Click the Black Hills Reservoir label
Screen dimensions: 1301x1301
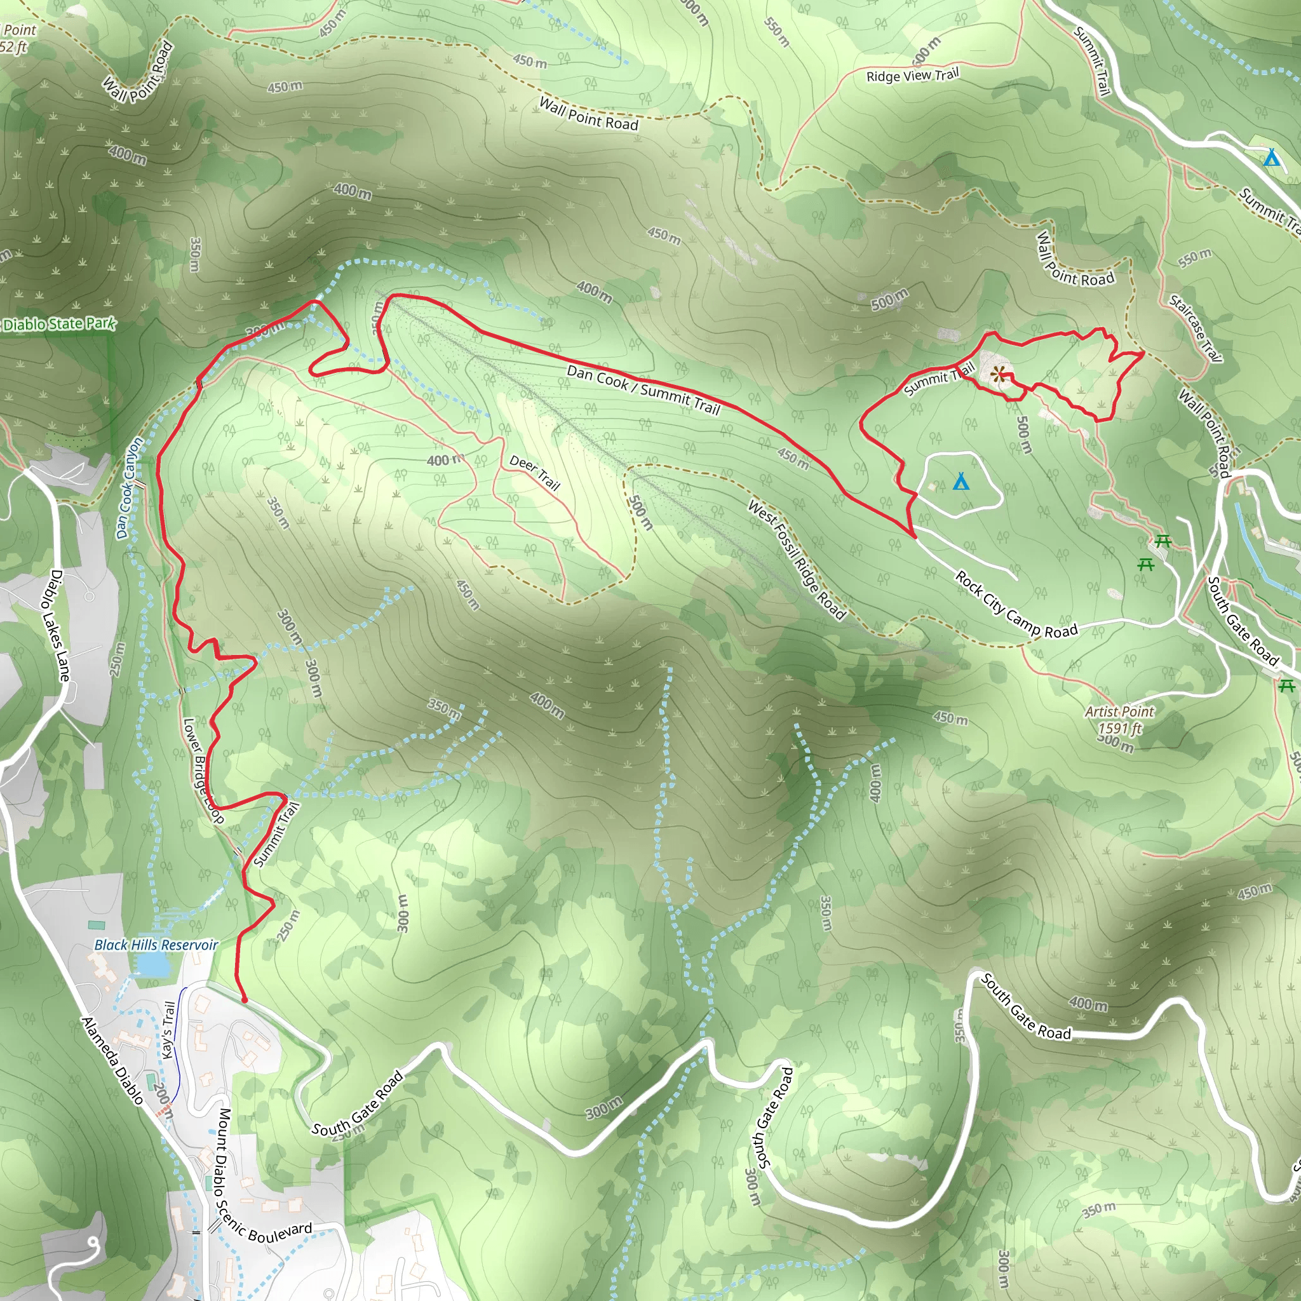tap(156, 945)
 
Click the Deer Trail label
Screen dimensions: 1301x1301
tap(535, 472)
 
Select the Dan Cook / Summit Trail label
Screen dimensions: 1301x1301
tap(643, 390)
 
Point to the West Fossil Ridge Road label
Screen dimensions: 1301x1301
tap(797, 560)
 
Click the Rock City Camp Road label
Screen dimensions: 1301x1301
tap(1016, 605)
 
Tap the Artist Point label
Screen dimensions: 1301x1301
tap(1119, 711)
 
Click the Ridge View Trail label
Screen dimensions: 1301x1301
tap(912, 75)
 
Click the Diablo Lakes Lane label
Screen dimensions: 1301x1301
tap(60, 626)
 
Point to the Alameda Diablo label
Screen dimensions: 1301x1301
tap(112, 1061)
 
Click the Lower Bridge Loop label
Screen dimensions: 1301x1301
tap(203, 771)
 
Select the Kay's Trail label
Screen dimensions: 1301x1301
tap(168, 1030)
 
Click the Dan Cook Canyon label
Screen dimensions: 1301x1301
tap(130, 487)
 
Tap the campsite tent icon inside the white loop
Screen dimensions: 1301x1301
tap(961, 482)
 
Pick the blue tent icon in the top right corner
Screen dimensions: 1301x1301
tap(1271, 158)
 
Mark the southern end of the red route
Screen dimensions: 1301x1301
tap(244, 1001)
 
